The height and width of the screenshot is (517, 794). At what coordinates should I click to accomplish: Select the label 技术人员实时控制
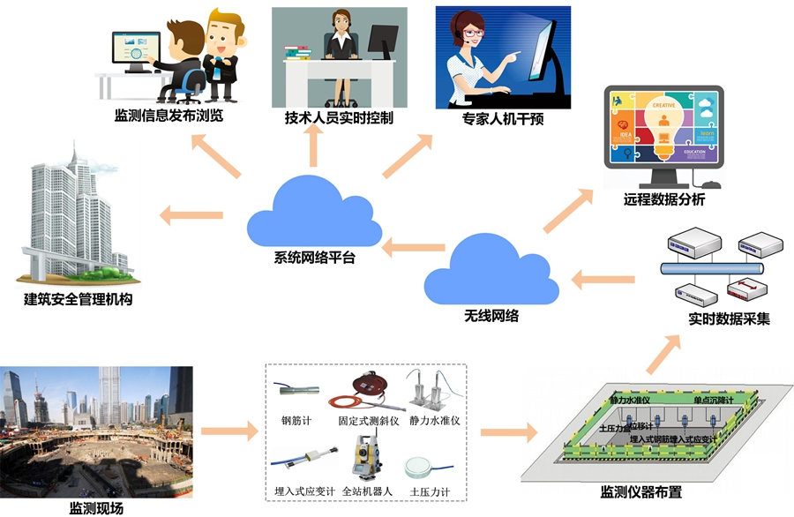pyautogui.click(x=339, y=117)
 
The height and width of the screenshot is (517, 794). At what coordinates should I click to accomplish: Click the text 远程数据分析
pyautogui.click(x=663, y=200)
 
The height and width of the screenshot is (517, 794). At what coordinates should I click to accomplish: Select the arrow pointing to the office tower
pyautogui.click(x=191, y=214)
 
